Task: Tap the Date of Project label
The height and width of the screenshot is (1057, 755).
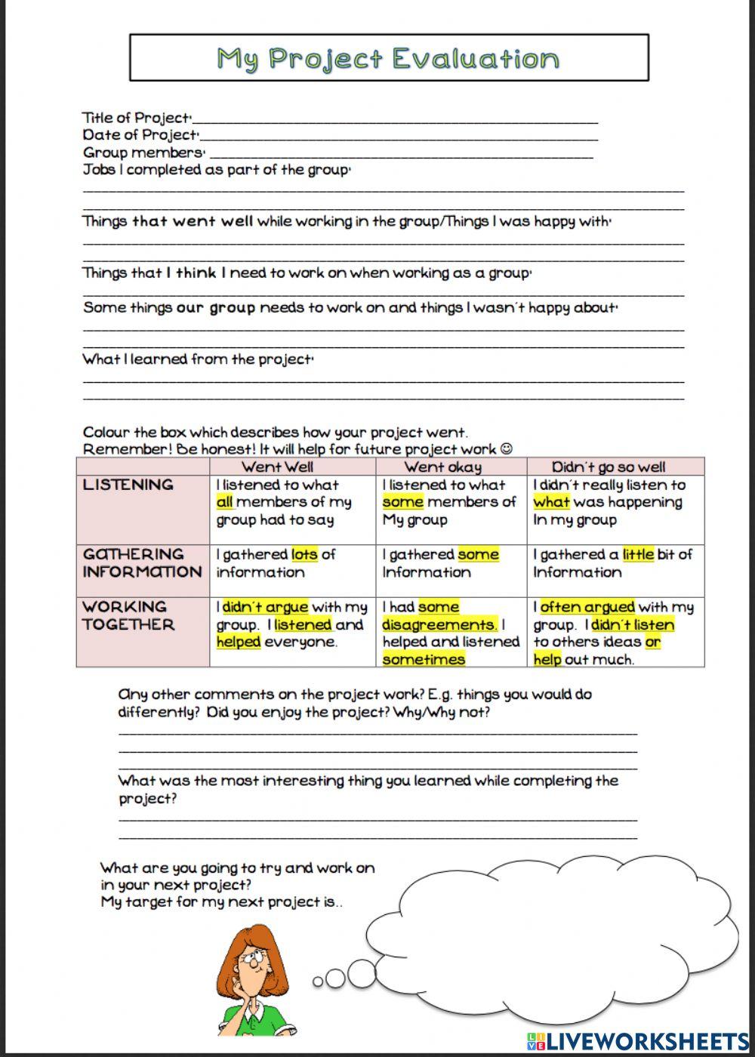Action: [x=140, y=135]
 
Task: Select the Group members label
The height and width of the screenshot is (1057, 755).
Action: [x=143, y=153]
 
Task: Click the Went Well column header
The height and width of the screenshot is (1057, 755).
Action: [x=277, y=467]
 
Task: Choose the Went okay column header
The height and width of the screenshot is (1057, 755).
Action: [x=442, y=467]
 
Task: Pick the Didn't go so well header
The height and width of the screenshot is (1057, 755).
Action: [x=609, y=467]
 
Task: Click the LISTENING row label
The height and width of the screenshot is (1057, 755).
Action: [x=128, y=485]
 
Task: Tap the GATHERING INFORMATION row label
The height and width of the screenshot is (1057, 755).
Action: [x=141, y=563]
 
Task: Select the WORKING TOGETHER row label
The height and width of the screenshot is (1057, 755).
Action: [x=128, y=615]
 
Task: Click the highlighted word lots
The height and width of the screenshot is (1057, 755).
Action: [x=304, y=555]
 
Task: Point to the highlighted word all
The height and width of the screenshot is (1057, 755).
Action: [x=225, y=502]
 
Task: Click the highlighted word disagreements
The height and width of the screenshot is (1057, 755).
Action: [x=439, y=625]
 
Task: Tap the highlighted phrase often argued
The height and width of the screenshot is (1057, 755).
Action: [x=587, y=607]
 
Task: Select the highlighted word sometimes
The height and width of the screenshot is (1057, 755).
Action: [x=424, y=660]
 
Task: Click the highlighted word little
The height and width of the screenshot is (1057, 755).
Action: [x=638, y=555]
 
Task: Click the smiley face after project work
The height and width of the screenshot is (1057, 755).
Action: [x=506, y=449]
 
